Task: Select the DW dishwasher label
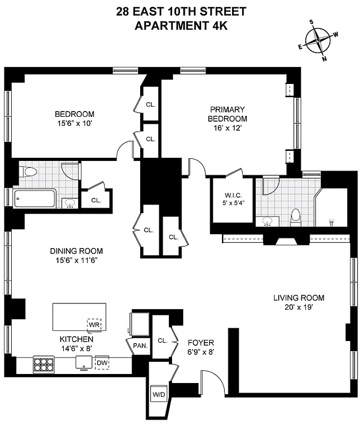pyautogui.click(x=102, y=363)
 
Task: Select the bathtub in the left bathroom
pyautogui.click(x=35, y=199)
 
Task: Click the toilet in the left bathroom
pyautogui.click(x=28, y=172)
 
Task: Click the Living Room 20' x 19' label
pyautogui.click(x=298, y=302)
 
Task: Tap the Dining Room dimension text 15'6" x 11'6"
pyautogui.click(x=76, y=260)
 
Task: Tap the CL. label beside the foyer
pyautogui.click(x=162, y=341)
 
